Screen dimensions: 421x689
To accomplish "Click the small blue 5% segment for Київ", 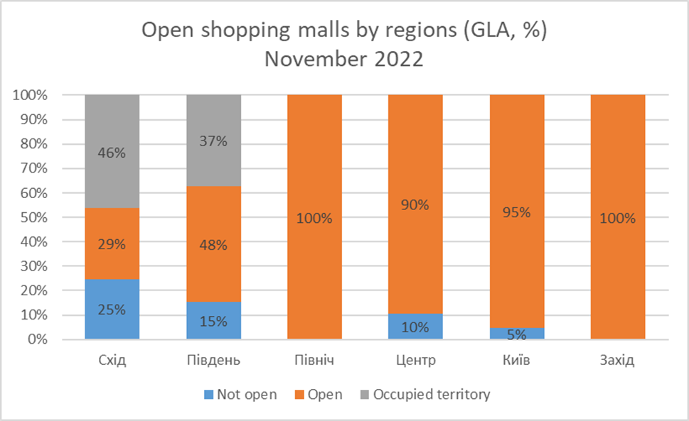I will point(517,333).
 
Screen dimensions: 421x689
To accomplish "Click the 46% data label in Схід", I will point(112,151).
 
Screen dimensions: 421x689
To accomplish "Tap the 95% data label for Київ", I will point(517,212).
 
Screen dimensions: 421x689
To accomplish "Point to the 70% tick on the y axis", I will point(33,168).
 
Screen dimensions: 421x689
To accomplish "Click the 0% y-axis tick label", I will point(38,339).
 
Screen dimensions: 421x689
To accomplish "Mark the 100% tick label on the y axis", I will point(30,95).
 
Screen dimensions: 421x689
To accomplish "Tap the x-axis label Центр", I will point(415,361).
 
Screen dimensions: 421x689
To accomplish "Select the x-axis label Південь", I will point(213,361).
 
